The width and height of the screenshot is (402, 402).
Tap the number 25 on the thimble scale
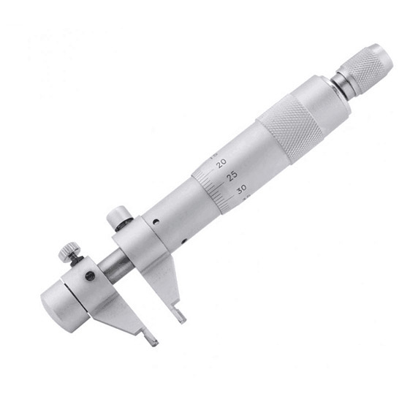pos(232,175)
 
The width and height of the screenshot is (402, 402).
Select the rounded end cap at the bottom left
pos(55,292)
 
